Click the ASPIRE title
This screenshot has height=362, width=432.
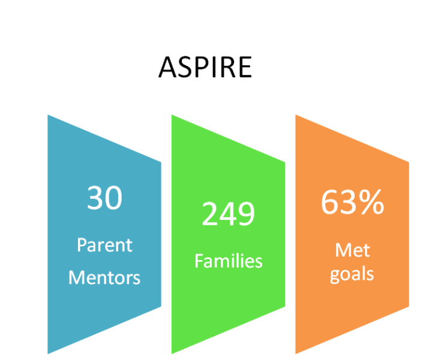pos(205,67)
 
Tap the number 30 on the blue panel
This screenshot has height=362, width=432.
pos(104,197)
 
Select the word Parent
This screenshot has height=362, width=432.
pos(104,245)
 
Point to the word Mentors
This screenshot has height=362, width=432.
pos(104,277)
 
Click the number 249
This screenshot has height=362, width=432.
pos(229,213)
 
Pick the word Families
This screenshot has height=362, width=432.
pos(229,261)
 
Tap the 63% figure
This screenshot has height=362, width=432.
pos(352,202)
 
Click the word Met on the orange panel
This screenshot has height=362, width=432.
pos(352,250)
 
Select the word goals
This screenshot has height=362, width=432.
pos(352,274)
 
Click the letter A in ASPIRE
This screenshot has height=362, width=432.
pos(167,68)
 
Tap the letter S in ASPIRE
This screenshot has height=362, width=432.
pos(185,68)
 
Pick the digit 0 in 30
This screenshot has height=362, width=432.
pos(114,198)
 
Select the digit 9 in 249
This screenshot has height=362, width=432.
pos(247,213)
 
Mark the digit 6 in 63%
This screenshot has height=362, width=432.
pos(329,202)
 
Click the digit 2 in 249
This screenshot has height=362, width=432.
pos(210,213)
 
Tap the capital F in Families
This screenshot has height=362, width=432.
pos(199,261)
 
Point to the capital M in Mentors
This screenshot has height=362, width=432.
pos(77,277)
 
